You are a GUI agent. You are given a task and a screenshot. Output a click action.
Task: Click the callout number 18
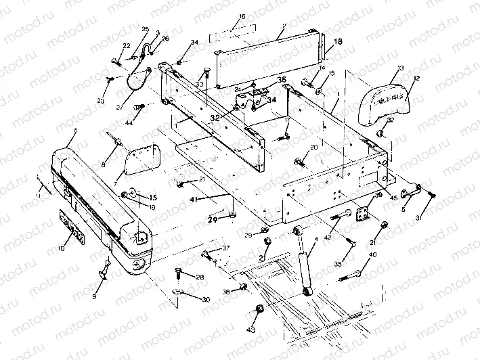click(339, 41)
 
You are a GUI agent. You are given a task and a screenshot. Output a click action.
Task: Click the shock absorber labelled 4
click(306, 264)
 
